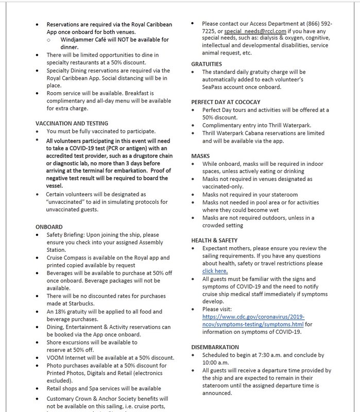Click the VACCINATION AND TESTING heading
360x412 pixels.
pos(72,124)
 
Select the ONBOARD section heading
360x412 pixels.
pos(50,226)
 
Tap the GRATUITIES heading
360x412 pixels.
pos(207,63)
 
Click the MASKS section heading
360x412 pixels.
pos(201,155)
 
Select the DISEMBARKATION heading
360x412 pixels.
pos(215,347)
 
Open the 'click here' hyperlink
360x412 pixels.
pos(215,270)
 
